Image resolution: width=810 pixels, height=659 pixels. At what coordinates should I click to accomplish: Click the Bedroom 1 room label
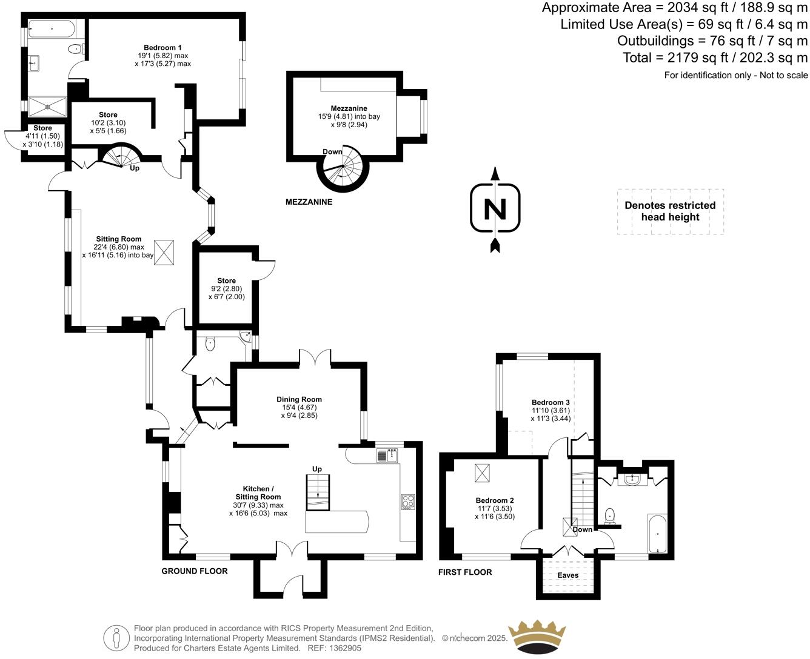point(162,48)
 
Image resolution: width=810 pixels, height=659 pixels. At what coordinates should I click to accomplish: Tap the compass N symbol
point(495,209)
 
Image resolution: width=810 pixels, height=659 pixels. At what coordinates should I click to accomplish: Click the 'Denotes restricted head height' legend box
point(670,211)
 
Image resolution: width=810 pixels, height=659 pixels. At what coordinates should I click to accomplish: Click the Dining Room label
point(299,399)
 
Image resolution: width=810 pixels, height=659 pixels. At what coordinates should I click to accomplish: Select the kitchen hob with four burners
point(407,502)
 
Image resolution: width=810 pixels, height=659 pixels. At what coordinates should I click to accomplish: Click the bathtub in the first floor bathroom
point(657,534)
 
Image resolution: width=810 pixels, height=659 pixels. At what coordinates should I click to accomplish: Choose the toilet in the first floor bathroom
point(609,515)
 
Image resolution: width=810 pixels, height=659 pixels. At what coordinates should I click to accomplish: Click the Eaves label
point(568,575)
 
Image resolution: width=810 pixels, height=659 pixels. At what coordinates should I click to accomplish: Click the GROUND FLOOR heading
point(195,571)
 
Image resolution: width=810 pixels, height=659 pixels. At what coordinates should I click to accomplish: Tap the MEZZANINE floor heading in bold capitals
point(309,202)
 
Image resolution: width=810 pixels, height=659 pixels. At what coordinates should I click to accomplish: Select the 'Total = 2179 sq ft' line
point(715,58)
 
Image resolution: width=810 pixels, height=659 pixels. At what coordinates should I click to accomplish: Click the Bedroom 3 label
point(551,403)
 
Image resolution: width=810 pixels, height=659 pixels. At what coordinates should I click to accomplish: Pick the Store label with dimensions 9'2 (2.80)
point(226,281)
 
